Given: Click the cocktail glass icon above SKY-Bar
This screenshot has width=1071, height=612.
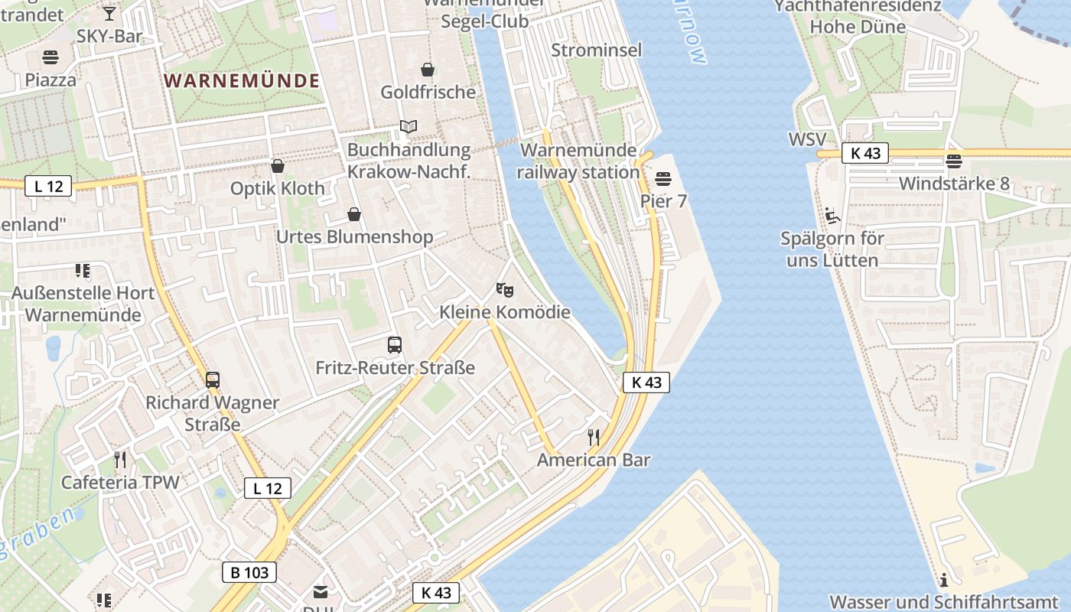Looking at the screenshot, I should (x=109, y=13).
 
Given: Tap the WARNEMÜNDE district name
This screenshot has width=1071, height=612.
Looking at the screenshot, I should (x=242, y=80).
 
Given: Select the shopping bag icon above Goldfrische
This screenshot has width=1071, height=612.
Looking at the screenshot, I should (x=428, y=70).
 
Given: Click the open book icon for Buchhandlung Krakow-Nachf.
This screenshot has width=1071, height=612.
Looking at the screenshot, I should (x=409, y=126).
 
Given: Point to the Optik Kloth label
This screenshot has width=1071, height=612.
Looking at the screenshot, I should (x=278, y=188).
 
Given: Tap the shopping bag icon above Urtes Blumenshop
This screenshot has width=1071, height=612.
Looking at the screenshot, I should (x=353, y=214).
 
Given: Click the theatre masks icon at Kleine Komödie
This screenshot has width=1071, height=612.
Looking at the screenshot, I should (x=504, y=289).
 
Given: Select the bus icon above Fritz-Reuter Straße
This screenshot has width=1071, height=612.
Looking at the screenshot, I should (x=395, y=345).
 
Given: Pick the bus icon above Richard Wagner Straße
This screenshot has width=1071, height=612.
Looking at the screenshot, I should (x=213, y=379).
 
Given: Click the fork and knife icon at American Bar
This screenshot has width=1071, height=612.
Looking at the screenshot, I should (x=593, y=438).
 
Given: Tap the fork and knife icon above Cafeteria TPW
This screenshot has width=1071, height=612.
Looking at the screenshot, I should (x=119, y=459).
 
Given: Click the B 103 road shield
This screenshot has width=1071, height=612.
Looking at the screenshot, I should (x=249, y=571).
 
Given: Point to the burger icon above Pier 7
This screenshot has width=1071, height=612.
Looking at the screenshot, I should (x=662, y=179).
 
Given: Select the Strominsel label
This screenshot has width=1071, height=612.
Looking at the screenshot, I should (x=597, y=50).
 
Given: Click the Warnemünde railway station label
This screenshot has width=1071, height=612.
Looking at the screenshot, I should (x=578, y=161).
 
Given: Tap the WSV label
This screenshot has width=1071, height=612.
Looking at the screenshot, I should (x=807, y=141).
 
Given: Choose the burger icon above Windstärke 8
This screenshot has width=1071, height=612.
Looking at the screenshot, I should (x=953, y=161).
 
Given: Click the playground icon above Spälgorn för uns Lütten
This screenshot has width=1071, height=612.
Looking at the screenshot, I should (x=832, y=215).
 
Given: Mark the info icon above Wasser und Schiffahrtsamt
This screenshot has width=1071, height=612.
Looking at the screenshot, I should (x=944, y=579).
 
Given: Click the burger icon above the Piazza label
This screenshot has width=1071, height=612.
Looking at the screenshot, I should (x=50, y=57).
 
